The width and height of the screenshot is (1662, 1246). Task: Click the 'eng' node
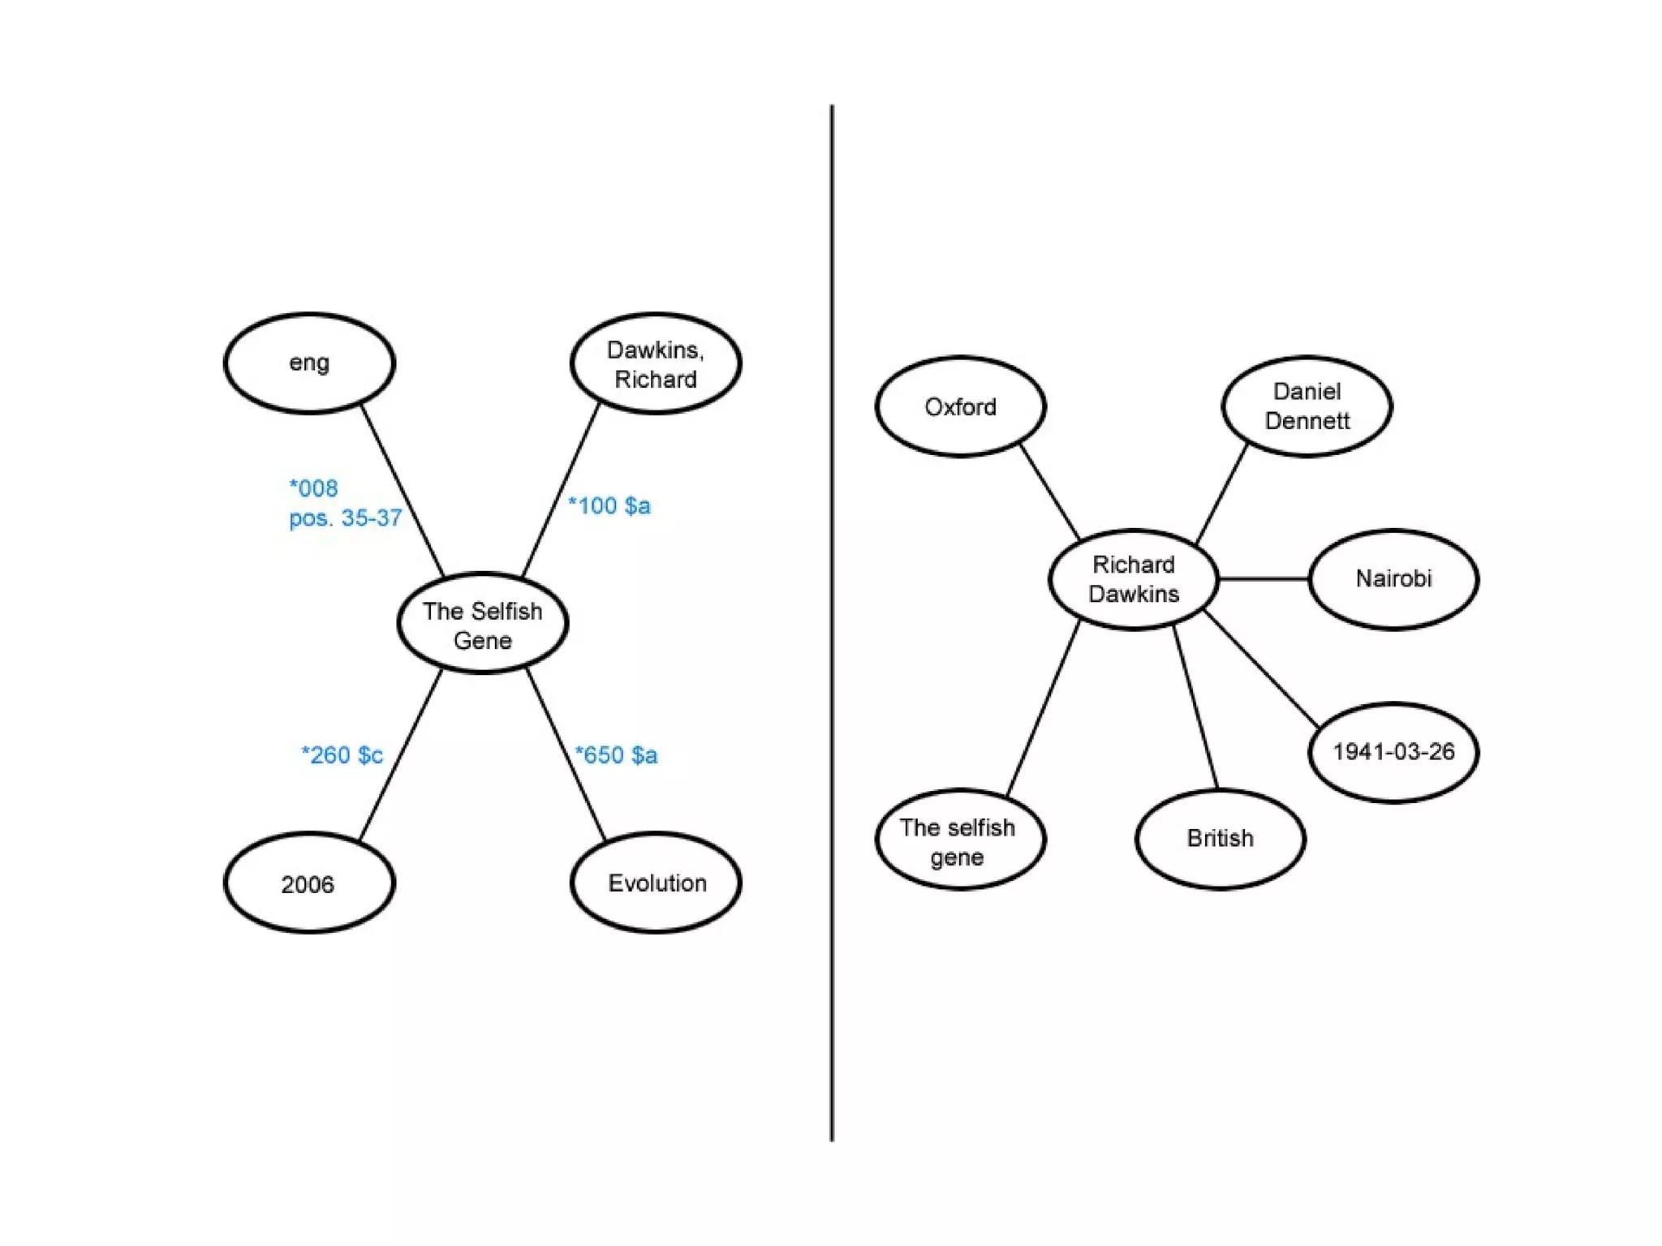(x=309, y=363)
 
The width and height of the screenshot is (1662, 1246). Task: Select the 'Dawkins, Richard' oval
(x=656, y=363)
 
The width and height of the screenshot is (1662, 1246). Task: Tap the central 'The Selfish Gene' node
(x=483, y=624)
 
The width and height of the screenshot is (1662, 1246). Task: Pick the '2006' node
(x=309, y=883)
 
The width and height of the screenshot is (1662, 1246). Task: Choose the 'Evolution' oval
(x=656, y=883)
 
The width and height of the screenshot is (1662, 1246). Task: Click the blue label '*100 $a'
(x=609, y=505)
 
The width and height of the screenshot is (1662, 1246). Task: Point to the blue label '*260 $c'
(x=342, y=754)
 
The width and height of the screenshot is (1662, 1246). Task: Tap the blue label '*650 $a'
(x=616, y=754)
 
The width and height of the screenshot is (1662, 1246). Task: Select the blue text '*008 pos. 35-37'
(x=344, y=503)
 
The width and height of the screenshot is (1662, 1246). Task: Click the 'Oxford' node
(x=960, y=406)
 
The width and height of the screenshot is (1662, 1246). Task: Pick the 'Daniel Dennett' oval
(x=1307, y=406)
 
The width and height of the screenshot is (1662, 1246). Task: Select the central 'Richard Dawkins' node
(x=1134, y=579)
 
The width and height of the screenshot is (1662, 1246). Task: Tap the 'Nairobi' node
(x=1393, y=579)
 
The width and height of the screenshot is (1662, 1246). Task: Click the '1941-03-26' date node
(x=1393, y=752)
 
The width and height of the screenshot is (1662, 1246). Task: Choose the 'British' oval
(x=1220, y=839)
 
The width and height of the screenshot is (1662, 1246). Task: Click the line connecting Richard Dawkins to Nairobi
(x=1264, y=578)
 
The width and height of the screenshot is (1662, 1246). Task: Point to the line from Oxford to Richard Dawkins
(x=1049, y=492)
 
